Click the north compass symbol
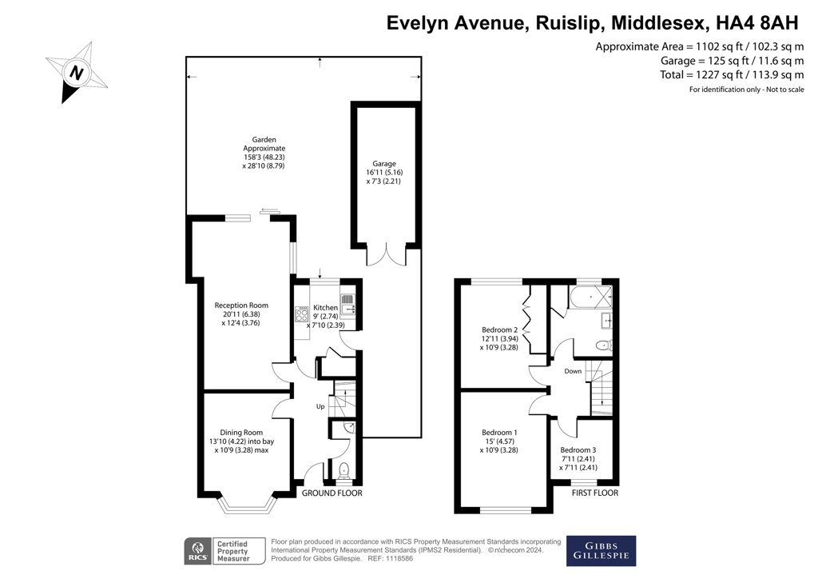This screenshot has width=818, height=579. [x=77, y=73]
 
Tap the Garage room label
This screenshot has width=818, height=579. [x=383, y=163]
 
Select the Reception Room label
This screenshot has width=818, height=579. [x=241, y=305]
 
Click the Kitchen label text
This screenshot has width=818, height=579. [x=325, y=308]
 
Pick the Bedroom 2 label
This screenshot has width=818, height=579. [x=500, y=329]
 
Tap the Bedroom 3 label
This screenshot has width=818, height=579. [x=578, y=450]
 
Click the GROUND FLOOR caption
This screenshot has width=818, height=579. [x=332, y=493]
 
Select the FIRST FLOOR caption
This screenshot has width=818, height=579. [x=595, y=493]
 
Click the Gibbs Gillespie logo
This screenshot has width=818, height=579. [x=601, y=550]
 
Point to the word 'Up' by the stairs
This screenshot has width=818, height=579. [x=320, y=407]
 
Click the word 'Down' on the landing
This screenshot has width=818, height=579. [x=573, y=371]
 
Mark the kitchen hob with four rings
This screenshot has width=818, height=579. [x=303, y=313]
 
